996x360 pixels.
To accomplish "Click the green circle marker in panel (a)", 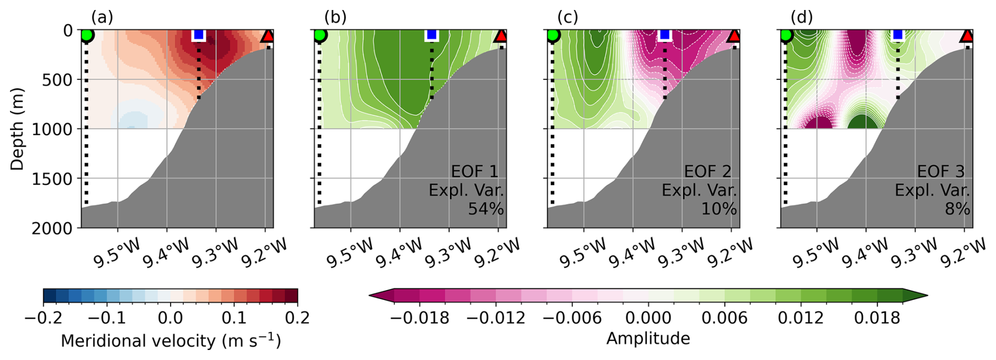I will tap(87, 36).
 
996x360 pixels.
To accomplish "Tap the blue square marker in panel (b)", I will tap(432, 35).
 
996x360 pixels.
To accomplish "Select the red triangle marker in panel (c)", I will tap(733, 36).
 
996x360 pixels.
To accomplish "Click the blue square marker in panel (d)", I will tap(898, 35).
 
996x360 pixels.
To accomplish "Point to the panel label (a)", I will tap(102, 17).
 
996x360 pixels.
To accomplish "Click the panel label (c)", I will tap(567, 17).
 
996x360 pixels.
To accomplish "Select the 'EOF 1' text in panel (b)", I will tap(474, 172).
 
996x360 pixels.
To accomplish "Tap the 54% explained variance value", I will tap(486, 209).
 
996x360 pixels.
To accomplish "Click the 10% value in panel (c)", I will tap(719, 209).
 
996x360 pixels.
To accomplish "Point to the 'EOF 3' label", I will tap(941, 172).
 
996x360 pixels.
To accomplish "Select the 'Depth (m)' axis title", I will tap(17, 129).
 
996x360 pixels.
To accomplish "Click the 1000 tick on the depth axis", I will tap(53, 129).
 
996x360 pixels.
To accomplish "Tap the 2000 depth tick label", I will tap(53, 228).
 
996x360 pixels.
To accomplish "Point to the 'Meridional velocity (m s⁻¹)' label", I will tap(171, 341).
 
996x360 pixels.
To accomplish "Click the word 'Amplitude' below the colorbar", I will tap(648, 338).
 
